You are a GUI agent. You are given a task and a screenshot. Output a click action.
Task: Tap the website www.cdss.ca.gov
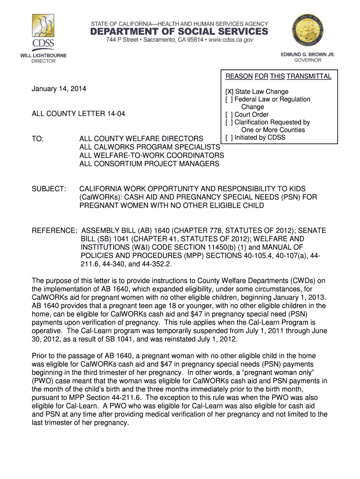229,40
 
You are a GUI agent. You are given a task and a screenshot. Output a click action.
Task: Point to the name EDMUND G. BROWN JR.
308,55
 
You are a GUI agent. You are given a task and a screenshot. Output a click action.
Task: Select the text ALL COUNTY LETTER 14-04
72,114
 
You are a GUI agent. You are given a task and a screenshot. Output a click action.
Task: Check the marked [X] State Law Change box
229,92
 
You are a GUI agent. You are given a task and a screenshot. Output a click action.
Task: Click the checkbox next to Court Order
229,115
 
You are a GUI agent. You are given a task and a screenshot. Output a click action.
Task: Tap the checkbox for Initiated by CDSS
229,138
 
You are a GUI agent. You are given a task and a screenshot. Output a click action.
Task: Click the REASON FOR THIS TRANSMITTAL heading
279,76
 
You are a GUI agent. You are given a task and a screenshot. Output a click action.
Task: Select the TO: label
38,139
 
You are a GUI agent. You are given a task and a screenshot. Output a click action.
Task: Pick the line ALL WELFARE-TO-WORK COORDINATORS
151,155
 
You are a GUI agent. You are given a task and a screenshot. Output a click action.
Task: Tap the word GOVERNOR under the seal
308,60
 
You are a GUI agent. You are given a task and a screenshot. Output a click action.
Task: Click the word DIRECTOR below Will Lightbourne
43,61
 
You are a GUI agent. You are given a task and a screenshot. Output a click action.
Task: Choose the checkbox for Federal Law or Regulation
229,99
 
